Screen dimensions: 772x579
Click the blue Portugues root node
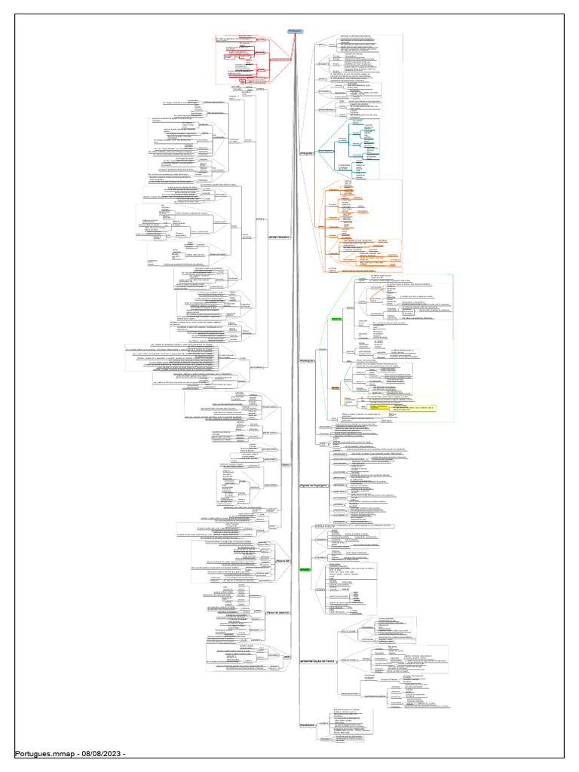click(295, 32)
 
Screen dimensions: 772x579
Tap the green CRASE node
click(304, 569)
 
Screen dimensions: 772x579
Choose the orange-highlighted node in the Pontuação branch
click(336, 388)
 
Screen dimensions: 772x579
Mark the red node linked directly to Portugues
click(279, 59)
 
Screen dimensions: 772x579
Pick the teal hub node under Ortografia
click(326, 151)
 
